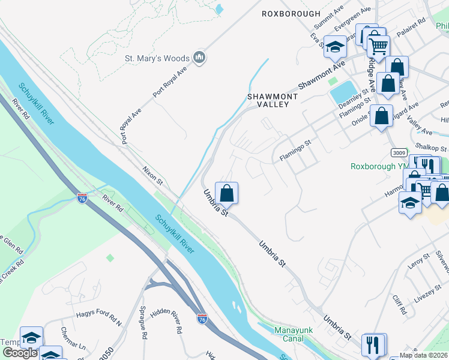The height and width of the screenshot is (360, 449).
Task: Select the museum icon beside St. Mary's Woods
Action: click(200, 58)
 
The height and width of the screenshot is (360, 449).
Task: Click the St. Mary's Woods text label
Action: click(157, 59)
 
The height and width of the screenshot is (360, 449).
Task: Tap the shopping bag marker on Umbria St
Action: click(226, 194)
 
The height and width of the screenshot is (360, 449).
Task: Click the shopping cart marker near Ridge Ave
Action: click(378, 46)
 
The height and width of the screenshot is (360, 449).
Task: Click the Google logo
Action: click(20, 353)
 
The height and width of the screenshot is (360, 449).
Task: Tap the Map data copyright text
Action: click(424, 355)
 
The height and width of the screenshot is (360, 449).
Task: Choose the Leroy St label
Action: click(418, 262)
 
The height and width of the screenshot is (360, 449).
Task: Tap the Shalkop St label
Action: click(432, 148)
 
